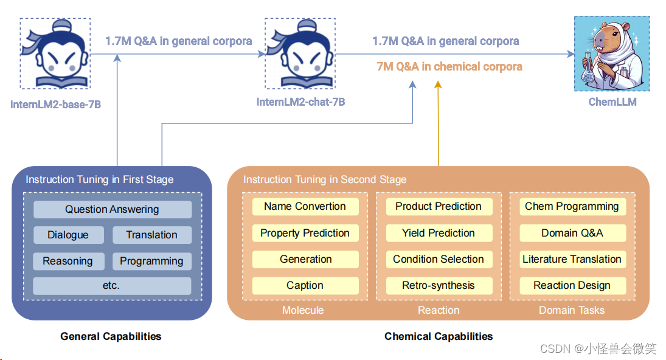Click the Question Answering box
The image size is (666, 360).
tap(112, 209)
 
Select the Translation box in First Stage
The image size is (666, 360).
tap(151, 235)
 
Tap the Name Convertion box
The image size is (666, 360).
tap(305, 206)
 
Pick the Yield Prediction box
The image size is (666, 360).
tap(438, 233)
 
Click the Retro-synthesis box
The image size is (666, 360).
tap(438, 285)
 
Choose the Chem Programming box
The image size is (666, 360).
tap(572, 206)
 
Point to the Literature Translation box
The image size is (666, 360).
tap(572, 259)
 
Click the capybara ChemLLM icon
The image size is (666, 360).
tap(611, 54)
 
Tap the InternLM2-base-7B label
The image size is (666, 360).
tap(55, 105)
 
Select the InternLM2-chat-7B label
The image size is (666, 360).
tap(300, 102)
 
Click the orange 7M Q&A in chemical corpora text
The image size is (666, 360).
tap(449, 66)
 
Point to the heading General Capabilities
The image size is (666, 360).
tap(111, 336)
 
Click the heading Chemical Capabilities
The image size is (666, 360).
tap(439, 336)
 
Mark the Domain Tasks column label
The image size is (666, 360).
tap(572, 310)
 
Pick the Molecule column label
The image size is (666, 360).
tap(303, 310)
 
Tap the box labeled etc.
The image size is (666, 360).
tap(112, 286)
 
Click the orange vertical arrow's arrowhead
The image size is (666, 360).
tap(438, 85)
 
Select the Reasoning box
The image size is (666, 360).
tap(68, 261)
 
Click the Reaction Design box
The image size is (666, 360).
tap(572, 285)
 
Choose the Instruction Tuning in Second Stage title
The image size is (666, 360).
tap(325, 179)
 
